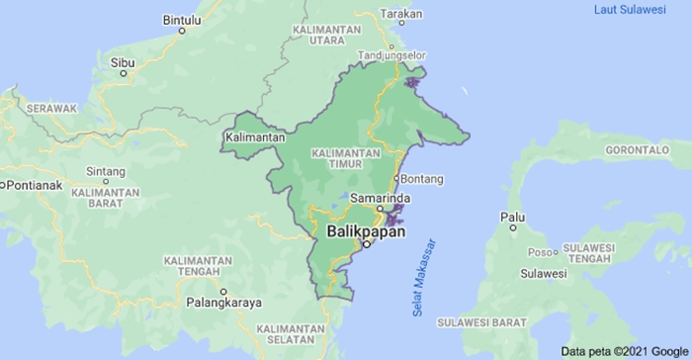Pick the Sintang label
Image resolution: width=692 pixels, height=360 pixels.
[106, 170]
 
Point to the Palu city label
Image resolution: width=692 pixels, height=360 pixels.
[511, 216]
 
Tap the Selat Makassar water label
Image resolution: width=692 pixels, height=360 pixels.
[423, 279]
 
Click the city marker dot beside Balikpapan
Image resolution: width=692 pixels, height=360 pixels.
[366, 244]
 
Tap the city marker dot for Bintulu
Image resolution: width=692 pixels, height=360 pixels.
[182, 31]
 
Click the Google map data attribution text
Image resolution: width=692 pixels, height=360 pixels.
[625, 351]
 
